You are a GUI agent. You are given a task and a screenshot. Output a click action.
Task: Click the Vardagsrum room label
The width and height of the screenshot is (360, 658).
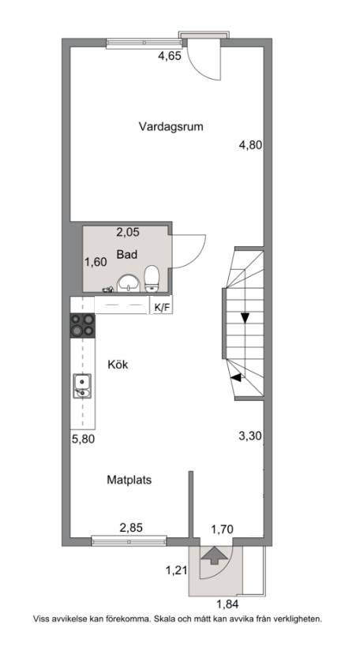(x=171, y=127)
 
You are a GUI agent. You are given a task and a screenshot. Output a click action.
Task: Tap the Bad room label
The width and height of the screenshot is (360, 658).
(x=127, y=254)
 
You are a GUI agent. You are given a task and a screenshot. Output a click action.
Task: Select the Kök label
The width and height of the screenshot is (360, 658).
(x=118, y=365)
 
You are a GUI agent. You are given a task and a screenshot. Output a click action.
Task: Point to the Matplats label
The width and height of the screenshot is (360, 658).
(x=129, y=479)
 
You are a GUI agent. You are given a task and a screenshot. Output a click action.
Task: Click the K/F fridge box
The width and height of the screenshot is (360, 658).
(x=162, y=307)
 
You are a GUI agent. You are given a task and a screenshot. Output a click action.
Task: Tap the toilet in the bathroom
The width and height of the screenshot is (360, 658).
(x=152, y=279)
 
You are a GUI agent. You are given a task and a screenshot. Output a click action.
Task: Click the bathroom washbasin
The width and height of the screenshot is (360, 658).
(x=129, y=283)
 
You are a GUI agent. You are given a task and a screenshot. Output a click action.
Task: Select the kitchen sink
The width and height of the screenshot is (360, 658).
(x=82, y=386)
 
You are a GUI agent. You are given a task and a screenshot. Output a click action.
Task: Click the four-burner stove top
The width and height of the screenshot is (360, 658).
(x=82, y=325)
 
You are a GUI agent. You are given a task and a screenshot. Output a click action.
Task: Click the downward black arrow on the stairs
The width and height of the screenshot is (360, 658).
(x=245, y=318)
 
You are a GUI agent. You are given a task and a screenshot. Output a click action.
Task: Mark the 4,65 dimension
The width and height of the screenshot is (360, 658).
(x=170, y=56)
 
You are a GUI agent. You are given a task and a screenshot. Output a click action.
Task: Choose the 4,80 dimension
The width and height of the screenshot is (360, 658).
(x=250, y=145)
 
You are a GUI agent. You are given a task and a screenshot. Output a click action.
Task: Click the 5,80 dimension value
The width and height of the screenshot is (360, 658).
(x=83, y=439)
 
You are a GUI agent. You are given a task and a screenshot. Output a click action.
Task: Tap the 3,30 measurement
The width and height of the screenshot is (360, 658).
(x=250, y=436)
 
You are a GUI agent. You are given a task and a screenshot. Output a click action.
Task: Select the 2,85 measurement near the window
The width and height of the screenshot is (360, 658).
(x=132, y=528)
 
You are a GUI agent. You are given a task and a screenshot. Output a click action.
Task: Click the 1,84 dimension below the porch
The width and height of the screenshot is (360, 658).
(x=228, y=604)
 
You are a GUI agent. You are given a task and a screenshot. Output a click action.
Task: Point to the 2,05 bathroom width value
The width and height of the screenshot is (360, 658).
(x=128, y=232)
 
